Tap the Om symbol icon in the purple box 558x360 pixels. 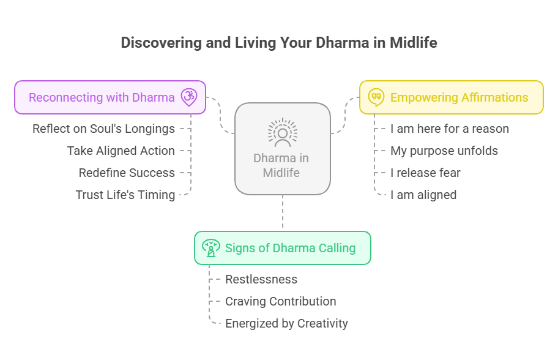pyautogui.click(x=189, y=97)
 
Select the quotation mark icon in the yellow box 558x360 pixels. pyautogui.click(x=376, y=97)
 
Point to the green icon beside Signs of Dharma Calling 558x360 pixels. pyautogui.click(x=211, y=247)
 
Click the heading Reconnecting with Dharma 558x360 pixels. pyautogui.click(x=102, y=97)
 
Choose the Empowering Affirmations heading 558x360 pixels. pyautogui.click(x=459, y=97)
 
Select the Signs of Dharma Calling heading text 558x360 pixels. pyautogui.click(x=290, y=248)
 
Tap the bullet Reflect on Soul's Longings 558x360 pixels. pyautogui.click(x=103, y=129)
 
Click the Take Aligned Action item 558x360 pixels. pyautogui.click(x=121, y=151)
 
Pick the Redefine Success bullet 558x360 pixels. pyautogui.click(x=127, y=173)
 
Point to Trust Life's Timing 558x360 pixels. pyautogui.click(x=125, y=195)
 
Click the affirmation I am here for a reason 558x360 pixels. pyautogui.click(x=450, y=129)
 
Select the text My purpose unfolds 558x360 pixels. pyautogui.click(x=444, y=151)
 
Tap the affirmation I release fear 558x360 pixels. pyautogui.click(x=425, y=173)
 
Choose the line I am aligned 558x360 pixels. pyautogui.click(x=423, y=195)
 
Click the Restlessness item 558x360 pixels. pyautogui.click(x=261, y=279)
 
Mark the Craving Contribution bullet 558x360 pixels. pyautogui.click(x=281, y=301)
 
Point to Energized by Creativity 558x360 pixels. pyautogui.click(x=286, y=323)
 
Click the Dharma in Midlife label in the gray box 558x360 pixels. pyautogui.click(x=281, y=165)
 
